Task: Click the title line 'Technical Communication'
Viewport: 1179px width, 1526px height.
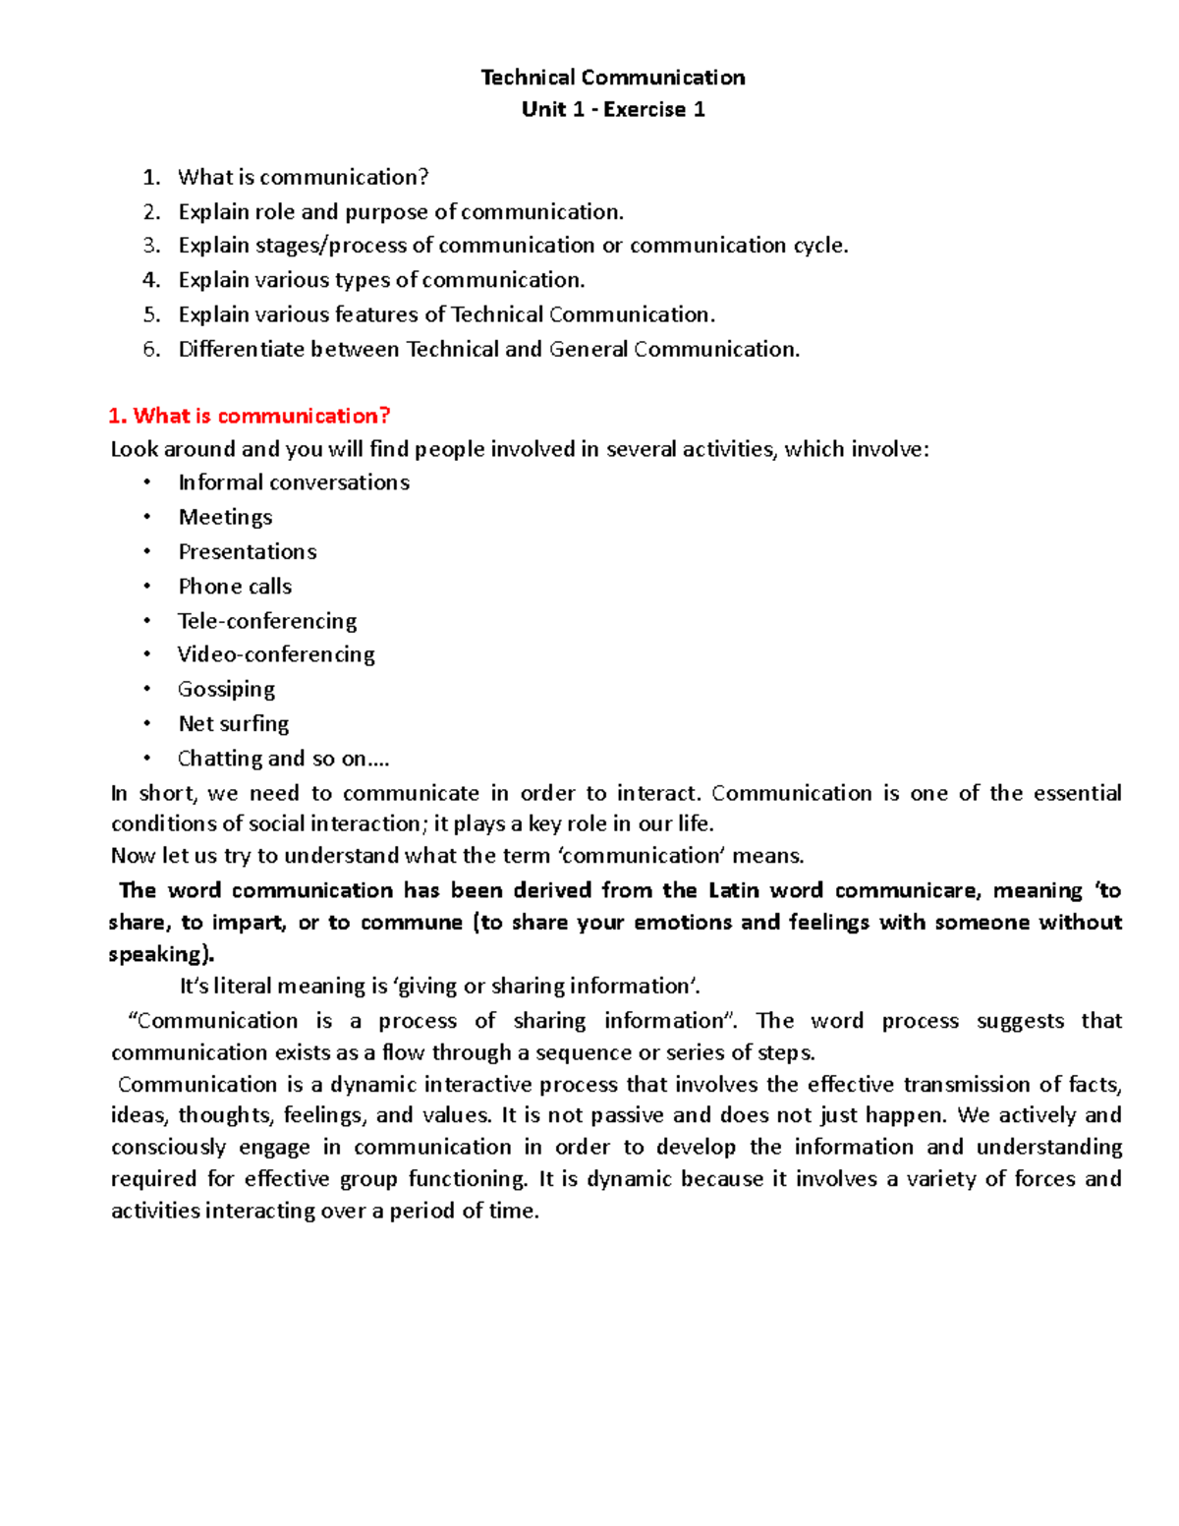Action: (x=612, y=78)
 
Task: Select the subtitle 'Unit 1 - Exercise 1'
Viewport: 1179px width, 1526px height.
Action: (x=612, y=109)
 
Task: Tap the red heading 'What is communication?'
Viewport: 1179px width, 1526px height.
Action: (x=250, y=416)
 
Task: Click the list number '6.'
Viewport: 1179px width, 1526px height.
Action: (x=150, y=349)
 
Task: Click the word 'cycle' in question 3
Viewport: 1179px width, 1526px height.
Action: (x=818, y=245)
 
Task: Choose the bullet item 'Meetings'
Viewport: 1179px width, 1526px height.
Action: (x=225, y=517)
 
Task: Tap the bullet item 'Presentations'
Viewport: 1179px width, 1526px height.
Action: (x=247, y=551)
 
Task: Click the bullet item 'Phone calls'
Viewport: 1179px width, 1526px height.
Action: (x=235, y=587)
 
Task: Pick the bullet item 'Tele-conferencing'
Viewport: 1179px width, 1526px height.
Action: (x=266, y=621)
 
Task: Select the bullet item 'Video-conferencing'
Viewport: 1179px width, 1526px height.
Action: (x=275, y=654)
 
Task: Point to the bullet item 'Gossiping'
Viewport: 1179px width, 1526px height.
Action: (x=226, y=689)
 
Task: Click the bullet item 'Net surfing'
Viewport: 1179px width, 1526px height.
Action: (x=233, y=724)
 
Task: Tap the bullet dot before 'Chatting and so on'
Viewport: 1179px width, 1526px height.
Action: (x=146, y=758)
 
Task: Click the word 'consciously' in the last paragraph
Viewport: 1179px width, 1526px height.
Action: (x=167, y=1147)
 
